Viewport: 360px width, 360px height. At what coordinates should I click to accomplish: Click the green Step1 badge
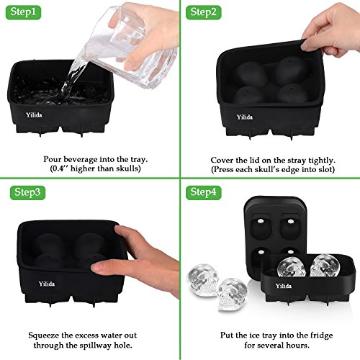(x=23, y=12)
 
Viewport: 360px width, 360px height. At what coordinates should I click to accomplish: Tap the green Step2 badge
(x=204, y=12)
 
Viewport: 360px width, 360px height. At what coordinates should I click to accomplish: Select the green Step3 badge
(x=27, y=192)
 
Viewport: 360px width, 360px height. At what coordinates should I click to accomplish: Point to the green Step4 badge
(x=204, y=192)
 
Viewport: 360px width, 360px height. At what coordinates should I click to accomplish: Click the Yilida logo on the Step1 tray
(x=34, y=115)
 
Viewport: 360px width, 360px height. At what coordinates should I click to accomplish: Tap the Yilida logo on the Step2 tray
(x=245, y=117)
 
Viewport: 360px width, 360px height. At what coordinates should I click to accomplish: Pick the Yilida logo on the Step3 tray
(x=47, y=284)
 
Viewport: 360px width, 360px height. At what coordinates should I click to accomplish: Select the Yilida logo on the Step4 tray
(x=284, y=286)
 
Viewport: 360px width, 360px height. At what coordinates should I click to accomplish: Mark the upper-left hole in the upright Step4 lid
(x=261, y=221)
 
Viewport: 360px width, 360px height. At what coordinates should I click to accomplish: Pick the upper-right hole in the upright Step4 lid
(x=291, y=221)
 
